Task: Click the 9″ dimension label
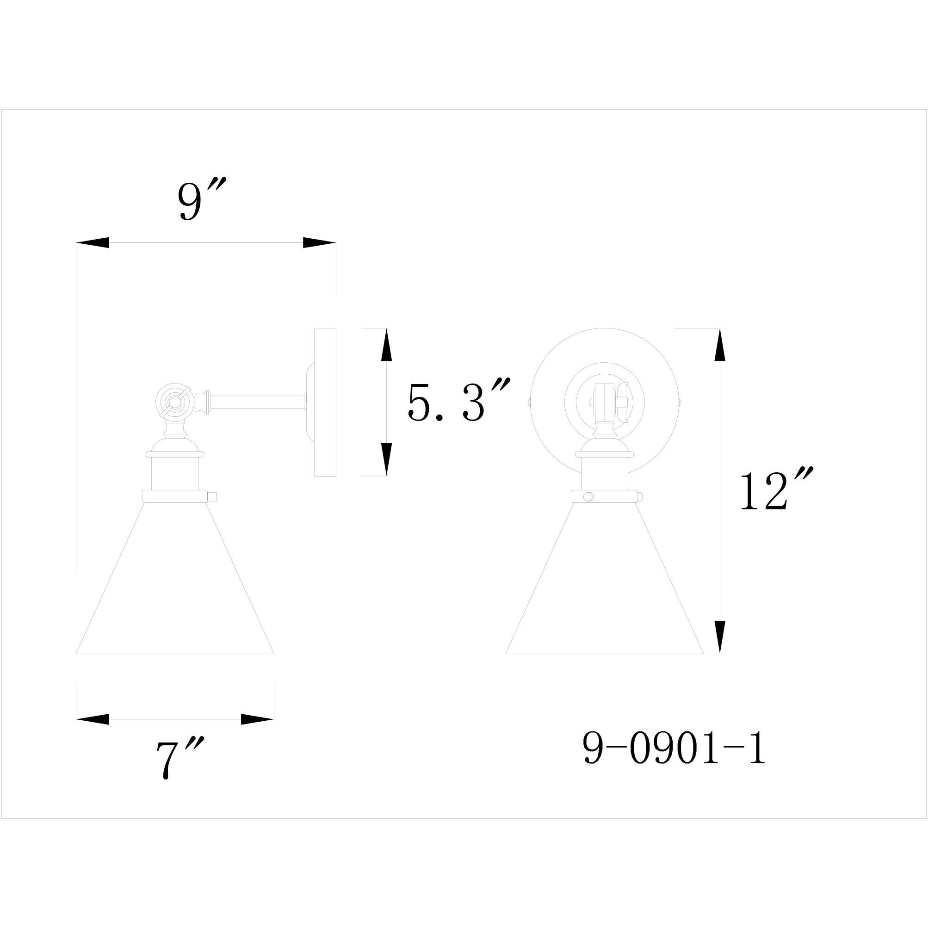[201, 199]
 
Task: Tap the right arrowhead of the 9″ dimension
[318, 243]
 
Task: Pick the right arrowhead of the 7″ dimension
[257, 719]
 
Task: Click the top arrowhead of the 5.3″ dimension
[386, 346]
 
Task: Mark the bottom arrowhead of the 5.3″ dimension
[386, 459]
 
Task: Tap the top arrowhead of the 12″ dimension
[719, 346]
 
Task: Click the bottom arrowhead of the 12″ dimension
[719, 637]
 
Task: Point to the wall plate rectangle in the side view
[325, 402]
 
